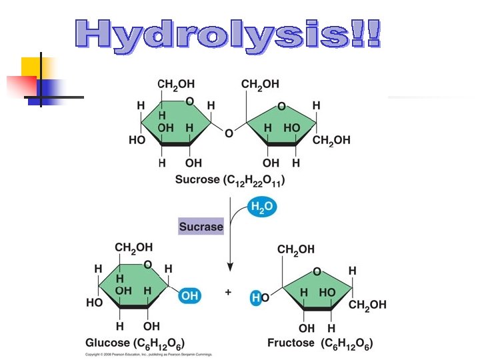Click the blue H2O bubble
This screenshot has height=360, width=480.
(x=261, y=207)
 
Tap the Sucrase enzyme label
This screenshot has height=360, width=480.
(x=201, y=227)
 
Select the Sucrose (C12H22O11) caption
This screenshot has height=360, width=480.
(x=230, y=180)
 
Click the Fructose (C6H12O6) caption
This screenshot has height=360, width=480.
(x=320, y=343)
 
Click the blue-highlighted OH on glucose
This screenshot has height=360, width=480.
(x=190, y=295)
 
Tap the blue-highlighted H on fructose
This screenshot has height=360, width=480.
(x=255, y=297)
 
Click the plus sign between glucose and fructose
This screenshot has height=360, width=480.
(x=228, y=292)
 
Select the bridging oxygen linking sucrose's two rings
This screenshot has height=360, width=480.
(x=229, y=133)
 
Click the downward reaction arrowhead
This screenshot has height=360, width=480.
(x=230, y=266)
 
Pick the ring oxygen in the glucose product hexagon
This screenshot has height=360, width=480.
(x=149, y=265)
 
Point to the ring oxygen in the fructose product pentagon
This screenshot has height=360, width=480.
(x=317, y=271)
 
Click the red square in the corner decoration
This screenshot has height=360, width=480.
(x=20, y=85)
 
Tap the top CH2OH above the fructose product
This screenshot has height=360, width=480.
(x=296, y=250)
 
